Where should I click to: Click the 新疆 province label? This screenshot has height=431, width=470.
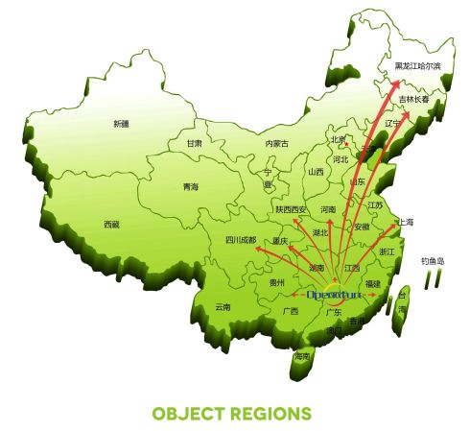pyautogui.click(x=120, y=124)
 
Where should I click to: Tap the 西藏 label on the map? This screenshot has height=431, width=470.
pyautogui.click(x=112, y=225)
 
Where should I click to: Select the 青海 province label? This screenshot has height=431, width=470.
pyautogui.click(x=191, y=187)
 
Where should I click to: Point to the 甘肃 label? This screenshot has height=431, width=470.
pyautogui.click(x=195, y=143)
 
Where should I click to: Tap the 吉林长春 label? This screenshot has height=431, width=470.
pyautogui.click(x=415, y=99)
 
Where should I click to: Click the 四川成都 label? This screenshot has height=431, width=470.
pyautogui.click(x=241, y=240)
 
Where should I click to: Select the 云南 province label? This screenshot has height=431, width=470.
pyautogui.click(x=223, y=307)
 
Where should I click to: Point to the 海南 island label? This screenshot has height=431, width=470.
pyautogui.click(x=303, y=356)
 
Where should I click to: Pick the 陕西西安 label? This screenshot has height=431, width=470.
pyautogui.click(x=291, y=209)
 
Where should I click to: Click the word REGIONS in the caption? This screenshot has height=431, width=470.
pyautogui.click(x=271, y=414)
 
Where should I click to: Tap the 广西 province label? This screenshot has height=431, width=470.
pyautogui.click(x=290, y=312)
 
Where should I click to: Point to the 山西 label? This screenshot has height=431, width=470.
pyautogui.click(x=316, y=173)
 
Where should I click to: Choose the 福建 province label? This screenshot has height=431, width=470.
pyautogui.click(x=373, y=284)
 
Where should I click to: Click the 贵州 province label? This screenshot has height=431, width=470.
pyautogui.click(x=277, y=283)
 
